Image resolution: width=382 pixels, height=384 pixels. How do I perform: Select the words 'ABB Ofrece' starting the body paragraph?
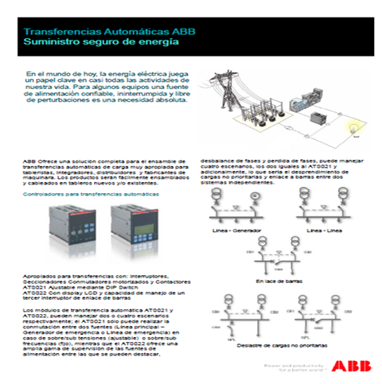[x=40, y=161]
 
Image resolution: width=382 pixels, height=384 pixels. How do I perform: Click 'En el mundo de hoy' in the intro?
[x=60, y=73]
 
